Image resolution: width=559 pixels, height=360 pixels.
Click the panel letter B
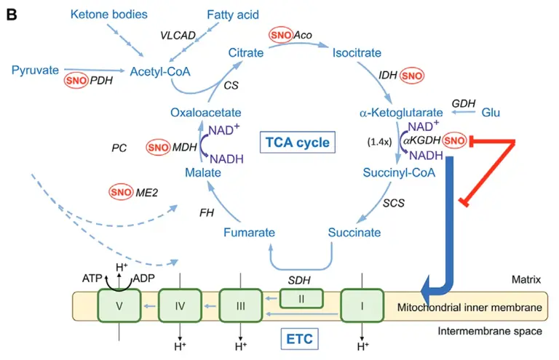pos(12,14)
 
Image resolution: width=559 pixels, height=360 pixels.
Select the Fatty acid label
pos(232,15)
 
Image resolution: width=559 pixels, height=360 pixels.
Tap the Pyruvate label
pos(35,71)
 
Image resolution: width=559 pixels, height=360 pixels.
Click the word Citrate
pos(246,52)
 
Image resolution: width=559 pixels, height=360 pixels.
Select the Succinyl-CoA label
pos(397,172)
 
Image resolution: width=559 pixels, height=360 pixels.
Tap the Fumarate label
pos(249,233)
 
